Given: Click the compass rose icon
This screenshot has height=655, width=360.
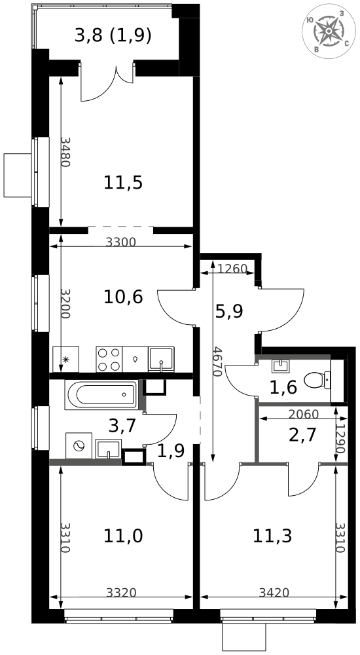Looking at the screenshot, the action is pyautogui.click(x=329, y=32).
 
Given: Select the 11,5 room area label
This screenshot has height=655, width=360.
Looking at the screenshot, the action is pyautogui.click(x=123, y=183).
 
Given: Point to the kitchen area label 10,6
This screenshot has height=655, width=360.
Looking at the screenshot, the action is pyautogui.click(x=123, y=297).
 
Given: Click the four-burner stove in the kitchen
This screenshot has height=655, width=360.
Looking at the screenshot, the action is pyautogui.click(x=109, y=359).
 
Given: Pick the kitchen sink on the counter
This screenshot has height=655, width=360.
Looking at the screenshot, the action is pyautogui.click(x=161, y=359).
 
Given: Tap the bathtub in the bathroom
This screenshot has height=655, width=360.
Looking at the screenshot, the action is pyautogui.click(x=101, y=394).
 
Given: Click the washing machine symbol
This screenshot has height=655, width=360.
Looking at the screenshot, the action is pyautogui.click(x=79, y=446).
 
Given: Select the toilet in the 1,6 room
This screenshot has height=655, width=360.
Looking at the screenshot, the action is pyautogui.click(x=317, y=379).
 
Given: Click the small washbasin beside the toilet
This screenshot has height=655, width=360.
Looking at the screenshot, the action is pyautogui.click(x=280, y=366).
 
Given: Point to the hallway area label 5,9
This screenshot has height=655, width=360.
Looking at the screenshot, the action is pyautogui.click(x=229, y=311).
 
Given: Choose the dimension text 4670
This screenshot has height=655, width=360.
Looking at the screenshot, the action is pyautogui.click(x=216, y=362).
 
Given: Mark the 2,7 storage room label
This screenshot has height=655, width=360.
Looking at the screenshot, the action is pyautogui.click(x=302, y=435).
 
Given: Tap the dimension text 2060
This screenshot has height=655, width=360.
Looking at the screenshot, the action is pyautogui.click(x=303, y=414).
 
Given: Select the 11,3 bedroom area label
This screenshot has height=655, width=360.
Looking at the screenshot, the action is pyautogui.click(x=272, y=536).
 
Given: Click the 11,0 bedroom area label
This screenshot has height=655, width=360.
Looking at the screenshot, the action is pyautogui.click(x=123, y=536).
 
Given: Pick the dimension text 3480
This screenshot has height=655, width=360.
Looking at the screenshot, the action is pyautogui.click(x=65, y=152).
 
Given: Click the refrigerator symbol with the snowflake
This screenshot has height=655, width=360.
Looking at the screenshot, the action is pyautogui.click(x=66, y=359).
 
